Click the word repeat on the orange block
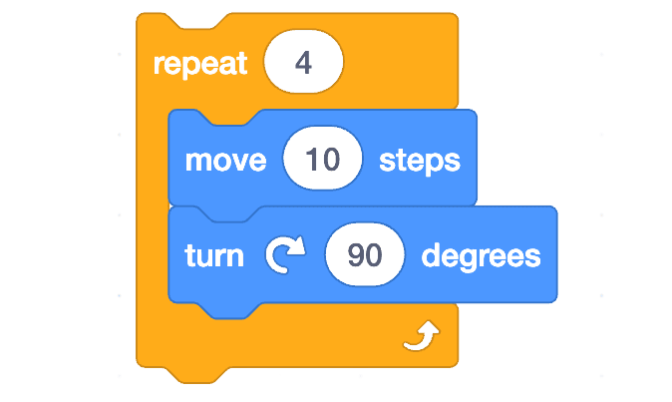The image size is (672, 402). coord(199,63)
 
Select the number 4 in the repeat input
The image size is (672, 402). coord(303,62)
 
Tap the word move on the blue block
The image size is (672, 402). coord(226,160)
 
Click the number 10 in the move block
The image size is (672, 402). coord(323,160)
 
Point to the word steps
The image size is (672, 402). coord(419,160)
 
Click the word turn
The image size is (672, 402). coord(214,255)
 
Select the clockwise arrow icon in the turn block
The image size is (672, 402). coord(284,256)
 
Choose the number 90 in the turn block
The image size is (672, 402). coord(365,256)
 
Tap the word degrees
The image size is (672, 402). coord(481,256)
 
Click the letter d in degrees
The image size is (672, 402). coord(431,255)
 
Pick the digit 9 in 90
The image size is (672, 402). coord(356,256)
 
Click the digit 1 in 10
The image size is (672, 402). coord(312,160)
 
